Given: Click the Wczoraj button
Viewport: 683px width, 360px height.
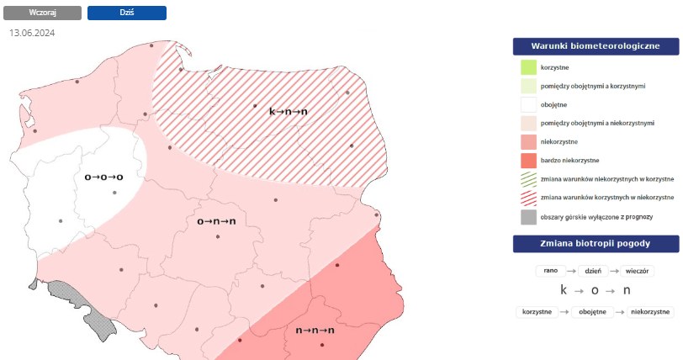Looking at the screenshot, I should point(43,13).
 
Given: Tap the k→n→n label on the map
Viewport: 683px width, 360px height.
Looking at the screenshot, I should point(288,110).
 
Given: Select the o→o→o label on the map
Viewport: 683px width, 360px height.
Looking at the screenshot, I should point(104,177).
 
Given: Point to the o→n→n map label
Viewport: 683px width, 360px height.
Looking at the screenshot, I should point(216,221).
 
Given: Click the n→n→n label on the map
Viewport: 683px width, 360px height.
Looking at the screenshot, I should point(315,330).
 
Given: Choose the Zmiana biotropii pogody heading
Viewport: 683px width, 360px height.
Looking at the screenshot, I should point(595,245).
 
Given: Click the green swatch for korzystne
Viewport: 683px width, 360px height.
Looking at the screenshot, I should point(528,67).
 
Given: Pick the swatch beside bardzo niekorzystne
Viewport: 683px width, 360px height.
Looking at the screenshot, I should point(528,160).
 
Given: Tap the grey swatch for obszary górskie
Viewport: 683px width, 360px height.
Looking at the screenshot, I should point(528,217).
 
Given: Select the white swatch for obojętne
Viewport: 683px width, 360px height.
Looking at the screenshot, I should point(528,104).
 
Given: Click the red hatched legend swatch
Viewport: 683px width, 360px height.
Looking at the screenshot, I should point(528,198).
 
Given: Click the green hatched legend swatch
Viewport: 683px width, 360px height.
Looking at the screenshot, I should point(528,178).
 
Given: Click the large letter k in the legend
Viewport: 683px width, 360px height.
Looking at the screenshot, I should point(564,290).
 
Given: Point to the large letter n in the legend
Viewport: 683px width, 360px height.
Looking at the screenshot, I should point(627,290).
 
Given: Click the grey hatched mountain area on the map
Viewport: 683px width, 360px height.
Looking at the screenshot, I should point(80,303).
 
